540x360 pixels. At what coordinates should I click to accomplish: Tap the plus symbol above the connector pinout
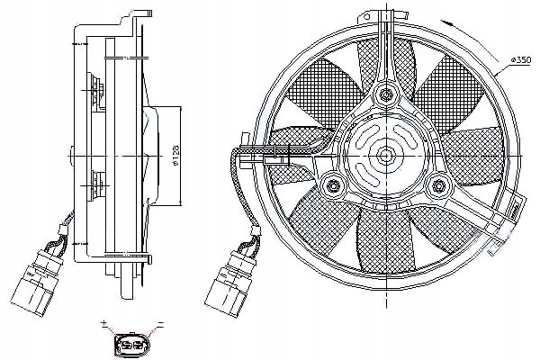pyautogui.click(x=105, y=322)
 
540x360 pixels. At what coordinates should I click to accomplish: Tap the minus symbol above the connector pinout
pyautogui.click(x=159, y=322)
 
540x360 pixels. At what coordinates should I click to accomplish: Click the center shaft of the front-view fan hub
pyautogui.click(x=386, y=154)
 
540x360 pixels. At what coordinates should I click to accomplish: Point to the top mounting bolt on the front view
pyautogui.click(x=386, y=93)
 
